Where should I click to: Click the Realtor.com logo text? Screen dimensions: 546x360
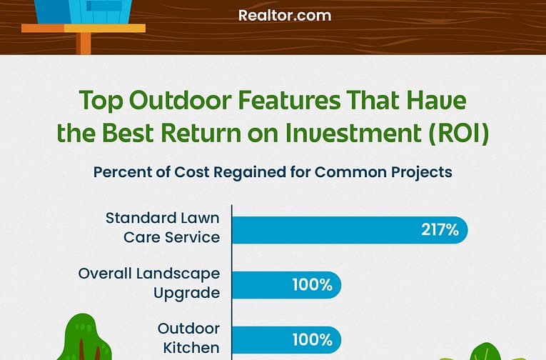pyautogui.click(x=285, y=16)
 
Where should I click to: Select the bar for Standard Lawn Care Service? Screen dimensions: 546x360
pyautogui.click(x=350, y=230)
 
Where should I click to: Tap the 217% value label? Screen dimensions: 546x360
pyautogui.click(x=440, y=230)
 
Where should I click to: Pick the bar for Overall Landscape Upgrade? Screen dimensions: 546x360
pyautogui.click(x=287, y=285)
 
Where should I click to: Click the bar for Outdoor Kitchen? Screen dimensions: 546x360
pyautogui.click(x=287, y=340)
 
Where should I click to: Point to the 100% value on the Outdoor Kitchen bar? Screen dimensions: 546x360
pyautogui.click(x=313, y=340)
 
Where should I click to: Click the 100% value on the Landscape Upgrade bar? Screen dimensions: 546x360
pyautogui.click(x=313, y=285)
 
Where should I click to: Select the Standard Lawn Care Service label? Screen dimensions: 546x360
pyautogui.click(x=163, y=228)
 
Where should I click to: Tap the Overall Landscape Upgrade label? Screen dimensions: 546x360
pyautogui.click(x=149, y=283)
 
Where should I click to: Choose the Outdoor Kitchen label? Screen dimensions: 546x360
pyautogui.click(x=188, y=338)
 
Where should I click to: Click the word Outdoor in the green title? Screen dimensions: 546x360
pyautogui.click(x=180, y=100)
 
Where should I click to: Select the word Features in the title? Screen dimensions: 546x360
pyautogui.click(x=290, y=100)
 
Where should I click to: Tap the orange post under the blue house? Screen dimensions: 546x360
pyautogui.click(x=84, y=43)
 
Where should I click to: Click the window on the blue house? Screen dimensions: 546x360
pyautogui.click(x=104, y=5)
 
